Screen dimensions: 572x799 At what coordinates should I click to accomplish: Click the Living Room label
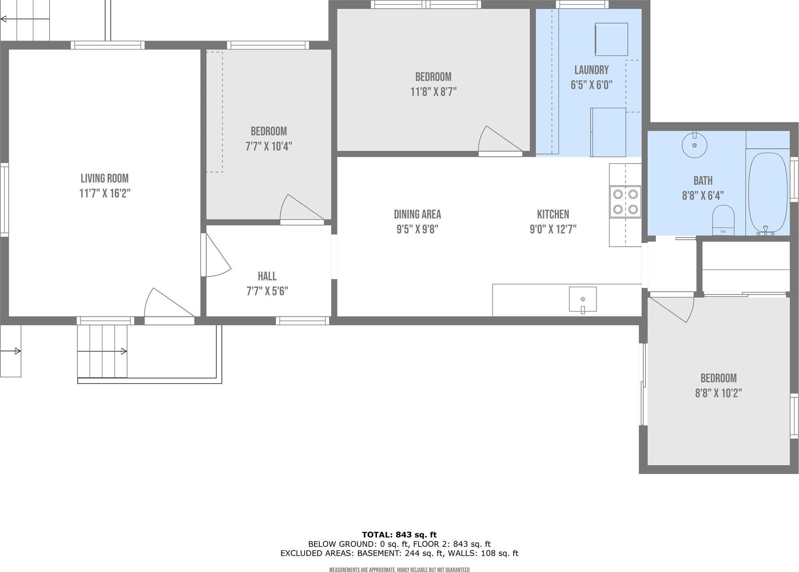(x=104, y=178)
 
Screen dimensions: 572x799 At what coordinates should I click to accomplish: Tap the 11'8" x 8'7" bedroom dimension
(x=433, y=92)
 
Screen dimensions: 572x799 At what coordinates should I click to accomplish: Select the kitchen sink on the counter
(x=582, y=299)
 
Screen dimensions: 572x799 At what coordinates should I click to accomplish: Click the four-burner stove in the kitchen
(x=625, y=202)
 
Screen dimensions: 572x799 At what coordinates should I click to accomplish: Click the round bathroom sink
(x=694, y=145)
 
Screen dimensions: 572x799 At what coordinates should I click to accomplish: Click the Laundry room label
(x=591, y=70)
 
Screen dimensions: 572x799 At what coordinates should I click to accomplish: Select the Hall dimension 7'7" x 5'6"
(x=267, y=291)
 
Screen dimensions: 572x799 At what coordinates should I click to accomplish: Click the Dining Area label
(x=417, y=214)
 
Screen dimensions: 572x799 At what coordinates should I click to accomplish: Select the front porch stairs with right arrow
(x=102, y=351)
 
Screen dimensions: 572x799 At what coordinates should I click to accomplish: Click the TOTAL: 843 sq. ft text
(x=399, y=535)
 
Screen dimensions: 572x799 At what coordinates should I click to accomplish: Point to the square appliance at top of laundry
(x=611, y=39)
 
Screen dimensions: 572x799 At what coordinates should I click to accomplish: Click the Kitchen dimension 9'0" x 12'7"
(x=553, y=229)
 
